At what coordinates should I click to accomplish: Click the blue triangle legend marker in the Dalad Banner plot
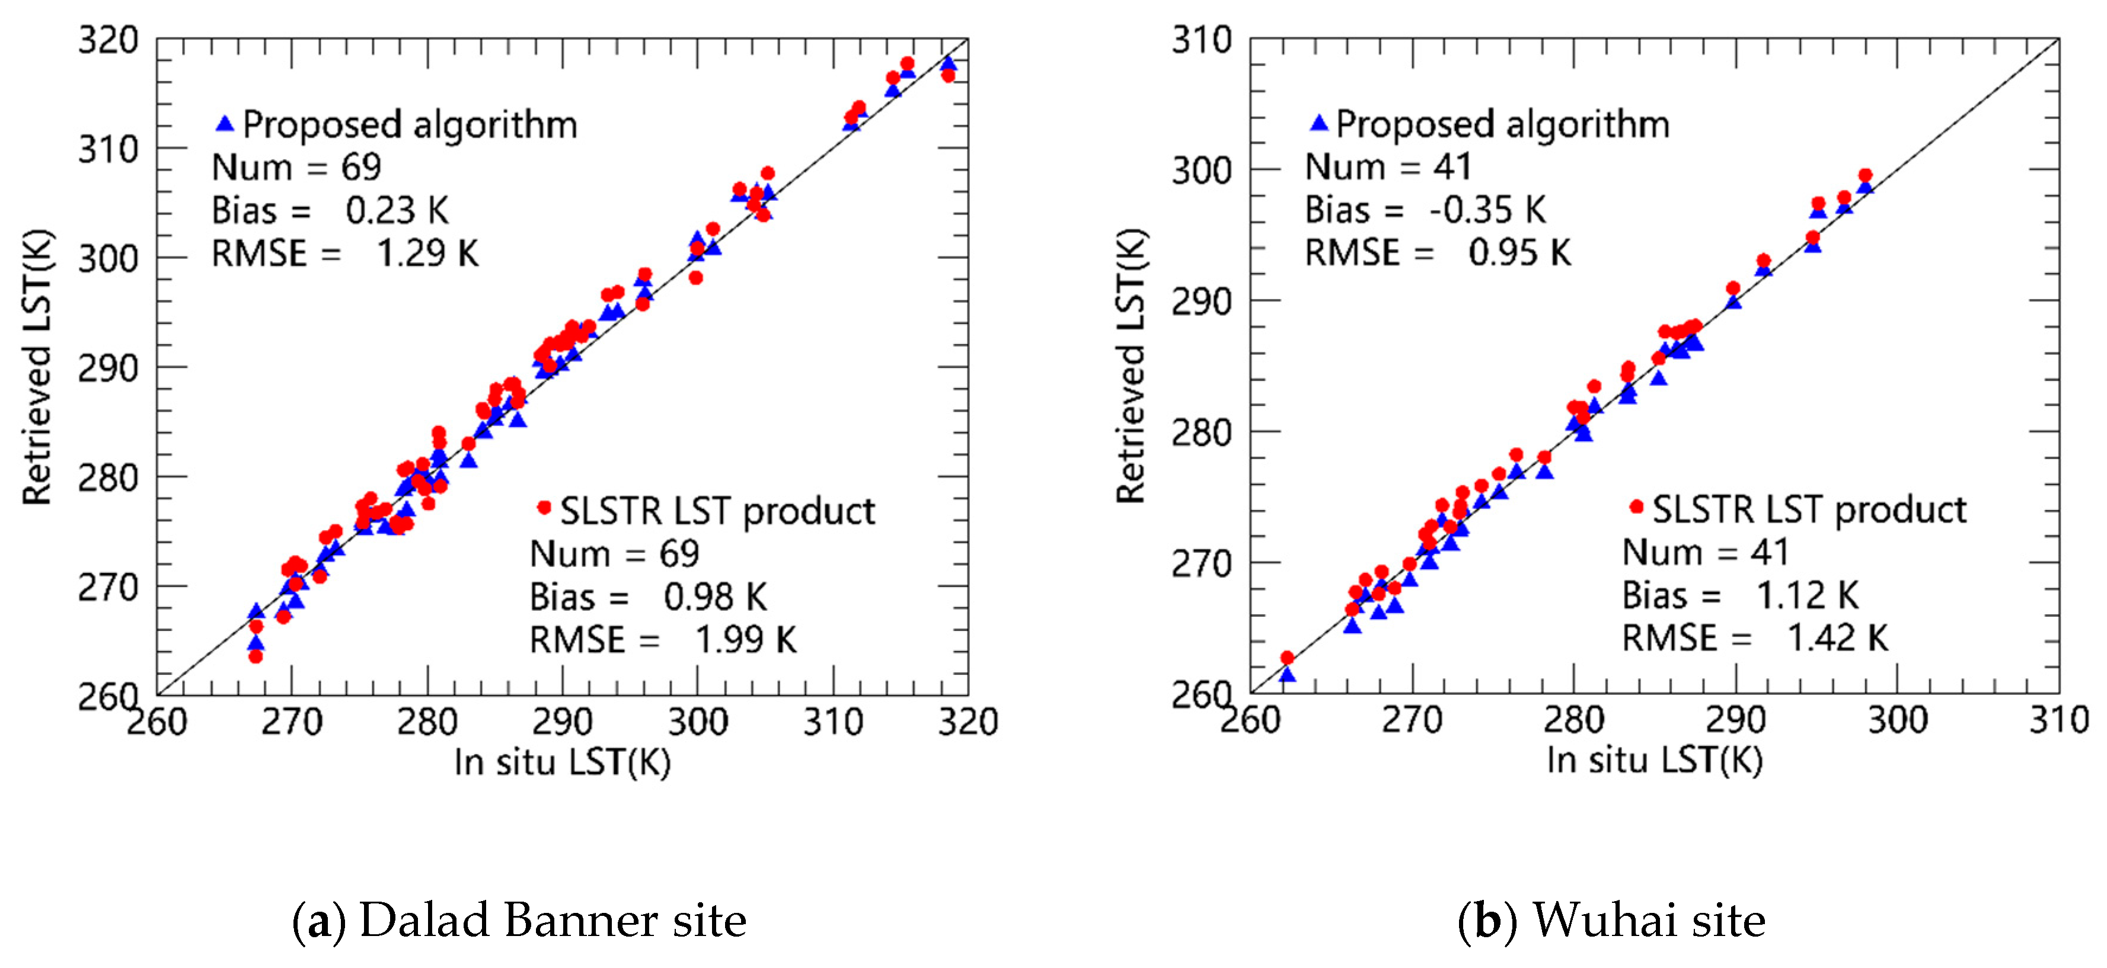225,124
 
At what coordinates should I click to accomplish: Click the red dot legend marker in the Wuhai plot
1635,507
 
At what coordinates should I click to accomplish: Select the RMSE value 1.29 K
427,254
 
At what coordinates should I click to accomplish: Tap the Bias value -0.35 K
1487,210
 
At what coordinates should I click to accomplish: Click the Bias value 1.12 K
1807,595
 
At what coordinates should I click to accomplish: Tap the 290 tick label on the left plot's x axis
562,722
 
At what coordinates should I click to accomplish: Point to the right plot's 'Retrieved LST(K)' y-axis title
1132,366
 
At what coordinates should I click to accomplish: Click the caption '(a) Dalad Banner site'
519,921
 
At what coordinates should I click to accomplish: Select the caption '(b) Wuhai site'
1611,921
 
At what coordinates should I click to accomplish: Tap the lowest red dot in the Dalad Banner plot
255,656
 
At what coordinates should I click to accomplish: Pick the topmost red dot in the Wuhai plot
1865,175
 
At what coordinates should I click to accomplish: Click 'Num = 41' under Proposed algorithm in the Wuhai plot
1388,167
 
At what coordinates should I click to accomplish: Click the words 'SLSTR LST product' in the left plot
717,511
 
